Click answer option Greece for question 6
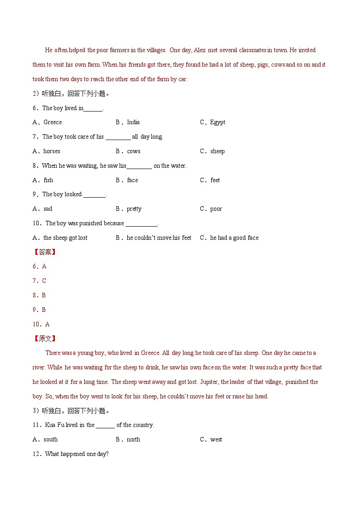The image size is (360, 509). [52, 122]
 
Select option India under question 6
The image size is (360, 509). [133, 122]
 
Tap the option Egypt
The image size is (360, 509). [218, 122]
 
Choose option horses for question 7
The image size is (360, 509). [52, 151]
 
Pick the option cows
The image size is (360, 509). [134, 151]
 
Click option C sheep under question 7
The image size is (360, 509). [217, 151]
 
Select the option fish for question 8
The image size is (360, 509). [48, 180]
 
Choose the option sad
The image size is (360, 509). [48, 208]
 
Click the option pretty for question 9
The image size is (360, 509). [134, 208]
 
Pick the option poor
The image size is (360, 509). [216, 208]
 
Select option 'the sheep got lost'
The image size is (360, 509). [65, 238]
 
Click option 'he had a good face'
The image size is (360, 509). [234, 238]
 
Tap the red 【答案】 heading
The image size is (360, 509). [44, 252]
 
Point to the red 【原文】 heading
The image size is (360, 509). [44, 339]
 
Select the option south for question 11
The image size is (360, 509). [50, 439]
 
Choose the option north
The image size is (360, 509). [133, 439]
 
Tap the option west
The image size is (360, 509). [216, 439]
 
